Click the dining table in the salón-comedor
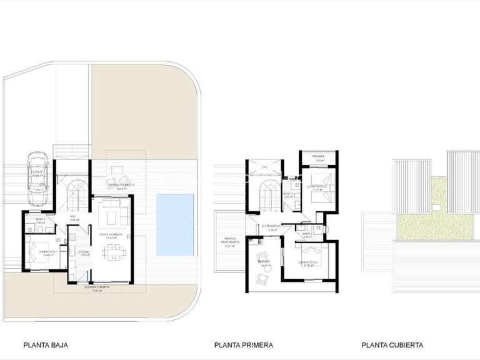(x=114, y=254)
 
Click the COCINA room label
(x=84, y=253)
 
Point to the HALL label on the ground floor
(x=74, y=218)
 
